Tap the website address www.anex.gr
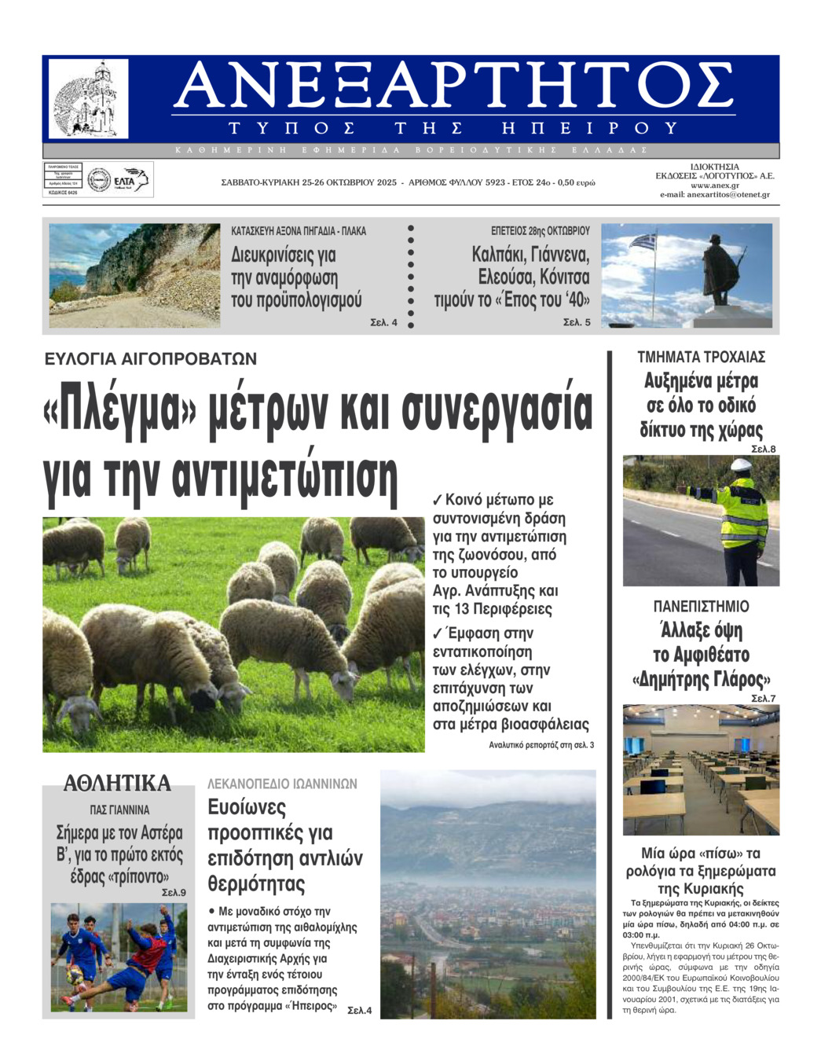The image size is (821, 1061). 715,185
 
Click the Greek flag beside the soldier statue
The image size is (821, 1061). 646,240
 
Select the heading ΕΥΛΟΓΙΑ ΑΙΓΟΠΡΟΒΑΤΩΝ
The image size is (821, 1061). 151,359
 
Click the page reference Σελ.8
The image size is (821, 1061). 763,450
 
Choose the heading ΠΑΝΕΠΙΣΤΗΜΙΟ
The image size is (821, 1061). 701,607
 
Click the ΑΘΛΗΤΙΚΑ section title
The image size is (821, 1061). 117,784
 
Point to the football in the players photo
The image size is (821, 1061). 75,975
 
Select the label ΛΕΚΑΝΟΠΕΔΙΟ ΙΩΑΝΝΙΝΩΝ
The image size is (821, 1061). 282,784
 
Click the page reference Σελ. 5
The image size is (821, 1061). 577,322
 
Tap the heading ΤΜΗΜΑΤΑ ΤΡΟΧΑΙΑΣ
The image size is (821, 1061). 701,357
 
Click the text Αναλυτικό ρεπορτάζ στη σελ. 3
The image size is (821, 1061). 541,745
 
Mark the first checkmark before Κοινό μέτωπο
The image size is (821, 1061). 438,500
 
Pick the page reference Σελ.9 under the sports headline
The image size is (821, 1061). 173,893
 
